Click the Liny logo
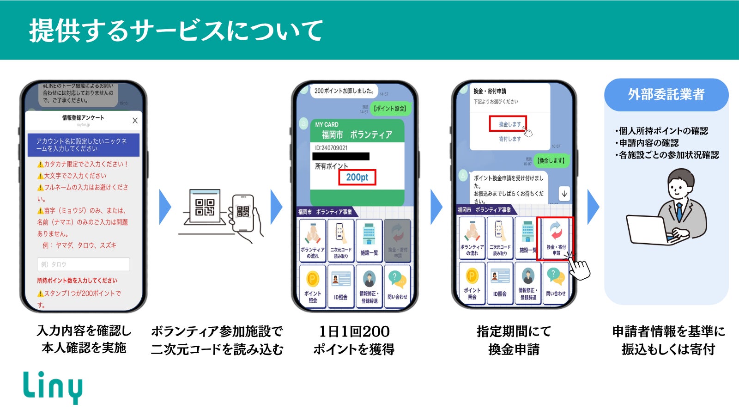click(x=53, y=387)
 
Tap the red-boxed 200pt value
click(x=357, y=177)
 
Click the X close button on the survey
click(x=135, y=121)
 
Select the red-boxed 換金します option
click(x=508, y=124)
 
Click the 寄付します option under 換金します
click(x=509, y=139)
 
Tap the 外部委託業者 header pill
click(x=666, y=95)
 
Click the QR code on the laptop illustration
click(x=205, y=207)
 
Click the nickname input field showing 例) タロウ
click(x=83, y=264)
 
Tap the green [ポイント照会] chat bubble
click(x=390, y=109)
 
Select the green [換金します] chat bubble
click(x=551, y=161)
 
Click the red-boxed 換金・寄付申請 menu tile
click(x=556, y=239)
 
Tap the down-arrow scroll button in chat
click(x=564, y=194)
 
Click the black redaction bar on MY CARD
click(x=341, y=157)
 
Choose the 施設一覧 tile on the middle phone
click(x=369, y=240)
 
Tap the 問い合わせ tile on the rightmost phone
click(x=556, y=283)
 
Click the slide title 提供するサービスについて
click(x=176, y=31)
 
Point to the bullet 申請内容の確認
click(x=648, y=143)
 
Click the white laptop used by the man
click(x=647, y=230)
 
